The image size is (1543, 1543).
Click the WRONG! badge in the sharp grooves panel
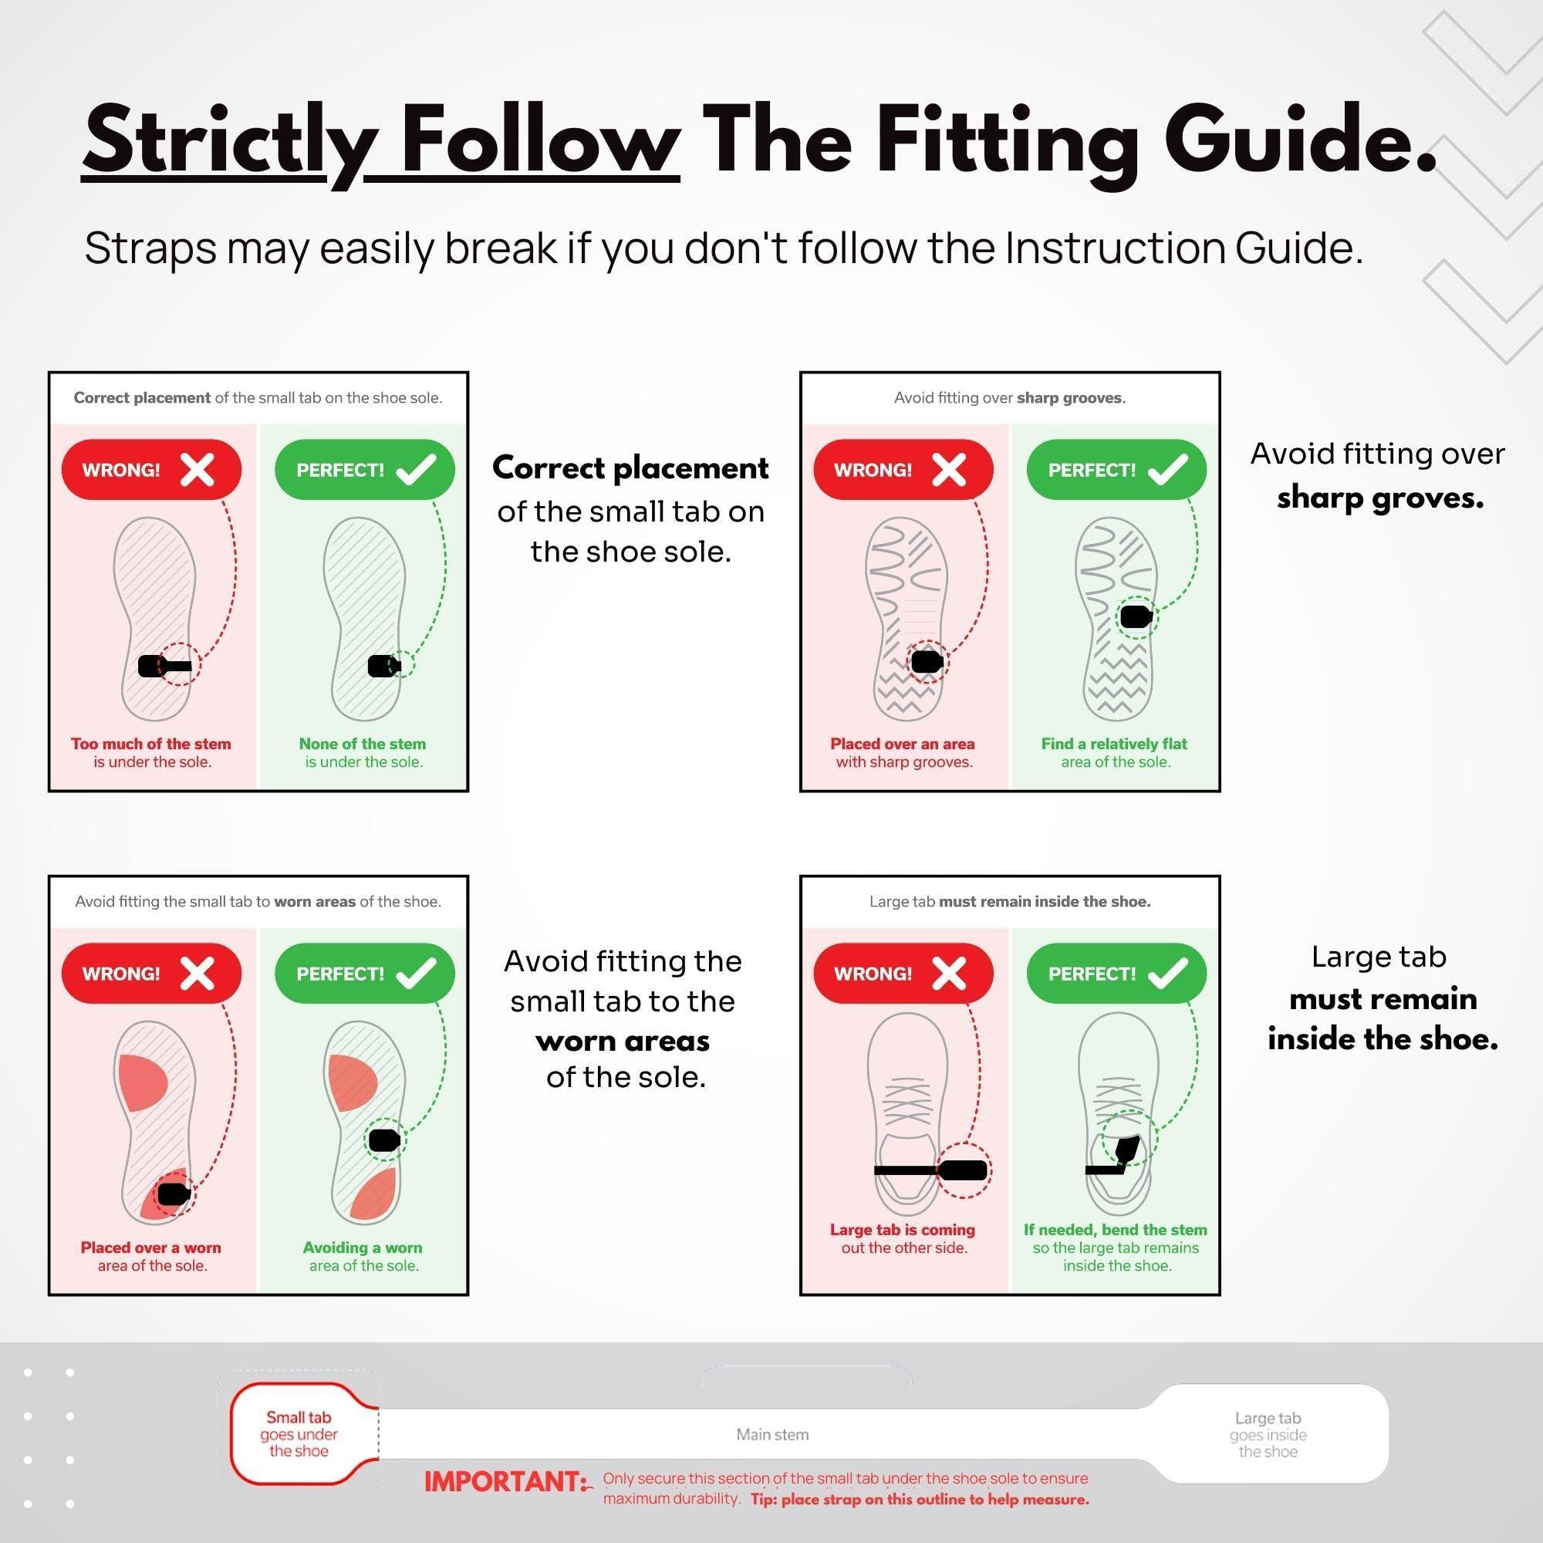pos(903,470)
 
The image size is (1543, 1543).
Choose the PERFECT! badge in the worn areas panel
pos(365,974)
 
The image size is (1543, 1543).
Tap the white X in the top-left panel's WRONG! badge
pos(198,470)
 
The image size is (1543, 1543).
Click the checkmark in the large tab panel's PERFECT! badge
pos(1167,973)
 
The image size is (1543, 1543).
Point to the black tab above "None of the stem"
pos(384,665)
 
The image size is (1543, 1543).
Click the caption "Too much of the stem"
pos(151,744)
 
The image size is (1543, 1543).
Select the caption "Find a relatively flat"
pos(1114,744)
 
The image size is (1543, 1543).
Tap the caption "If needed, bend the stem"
pos(1116,1230)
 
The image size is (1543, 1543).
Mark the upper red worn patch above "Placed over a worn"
pos(142,1082)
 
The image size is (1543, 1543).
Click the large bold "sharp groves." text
pos(1380,498)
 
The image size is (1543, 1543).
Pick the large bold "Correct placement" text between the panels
pos(630,468)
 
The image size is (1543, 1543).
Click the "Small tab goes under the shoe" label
pos(299,1434)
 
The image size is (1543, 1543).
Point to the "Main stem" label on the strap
pos(772,1434)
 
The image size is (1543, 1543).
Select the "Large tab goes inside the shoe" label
pos(1268,1434)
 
